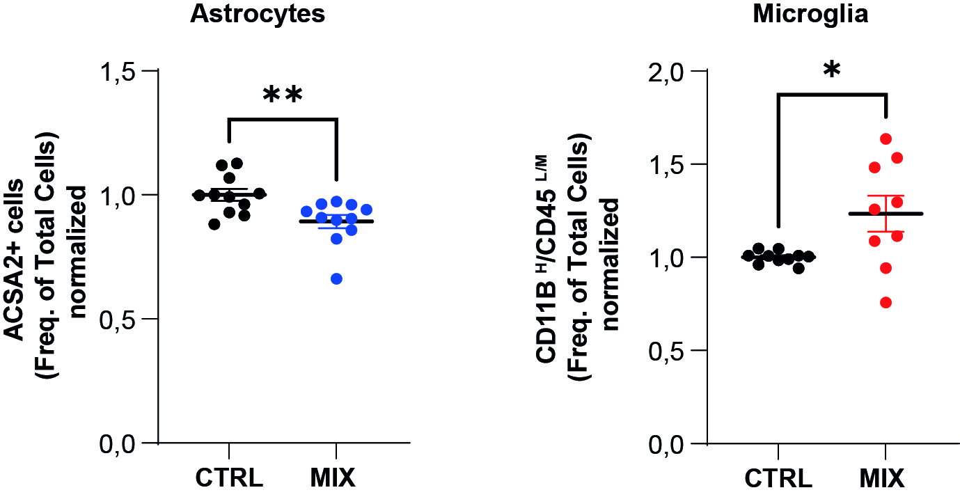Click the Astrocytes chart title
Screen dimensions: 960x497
[258, 14]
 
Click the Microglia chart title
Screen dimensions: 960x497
[810, 14]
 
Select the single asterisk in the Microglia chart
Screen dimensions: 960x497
[832, 70]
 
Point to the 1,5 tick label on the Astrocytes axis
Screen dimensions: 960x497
[118, 72]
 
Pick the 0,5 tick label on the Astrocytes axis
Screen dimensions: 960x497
[118, 320]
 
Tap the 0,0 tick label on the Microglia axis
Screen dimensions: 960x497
[666, 444]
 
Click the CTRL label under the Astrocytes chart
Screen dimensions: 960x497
[229, 478]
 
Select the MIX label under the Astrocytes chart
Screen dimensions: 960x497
[333, 478]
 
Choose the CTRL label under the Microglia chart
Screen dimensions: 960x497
[778, 478]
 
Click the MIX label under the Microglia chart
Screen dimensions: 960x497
[882, 478]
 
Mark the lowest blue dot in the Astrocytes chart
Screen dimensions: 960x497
[336, 279]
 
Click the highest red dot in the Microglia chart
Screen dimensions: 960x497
[886, 139]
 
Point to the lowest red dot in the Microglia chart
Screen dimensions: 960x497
[886, 303]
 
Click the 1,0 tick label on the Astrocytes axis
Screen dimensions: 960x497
[118, 196]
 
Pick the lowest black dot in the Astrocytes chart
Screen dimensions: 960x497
[214, 223]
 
